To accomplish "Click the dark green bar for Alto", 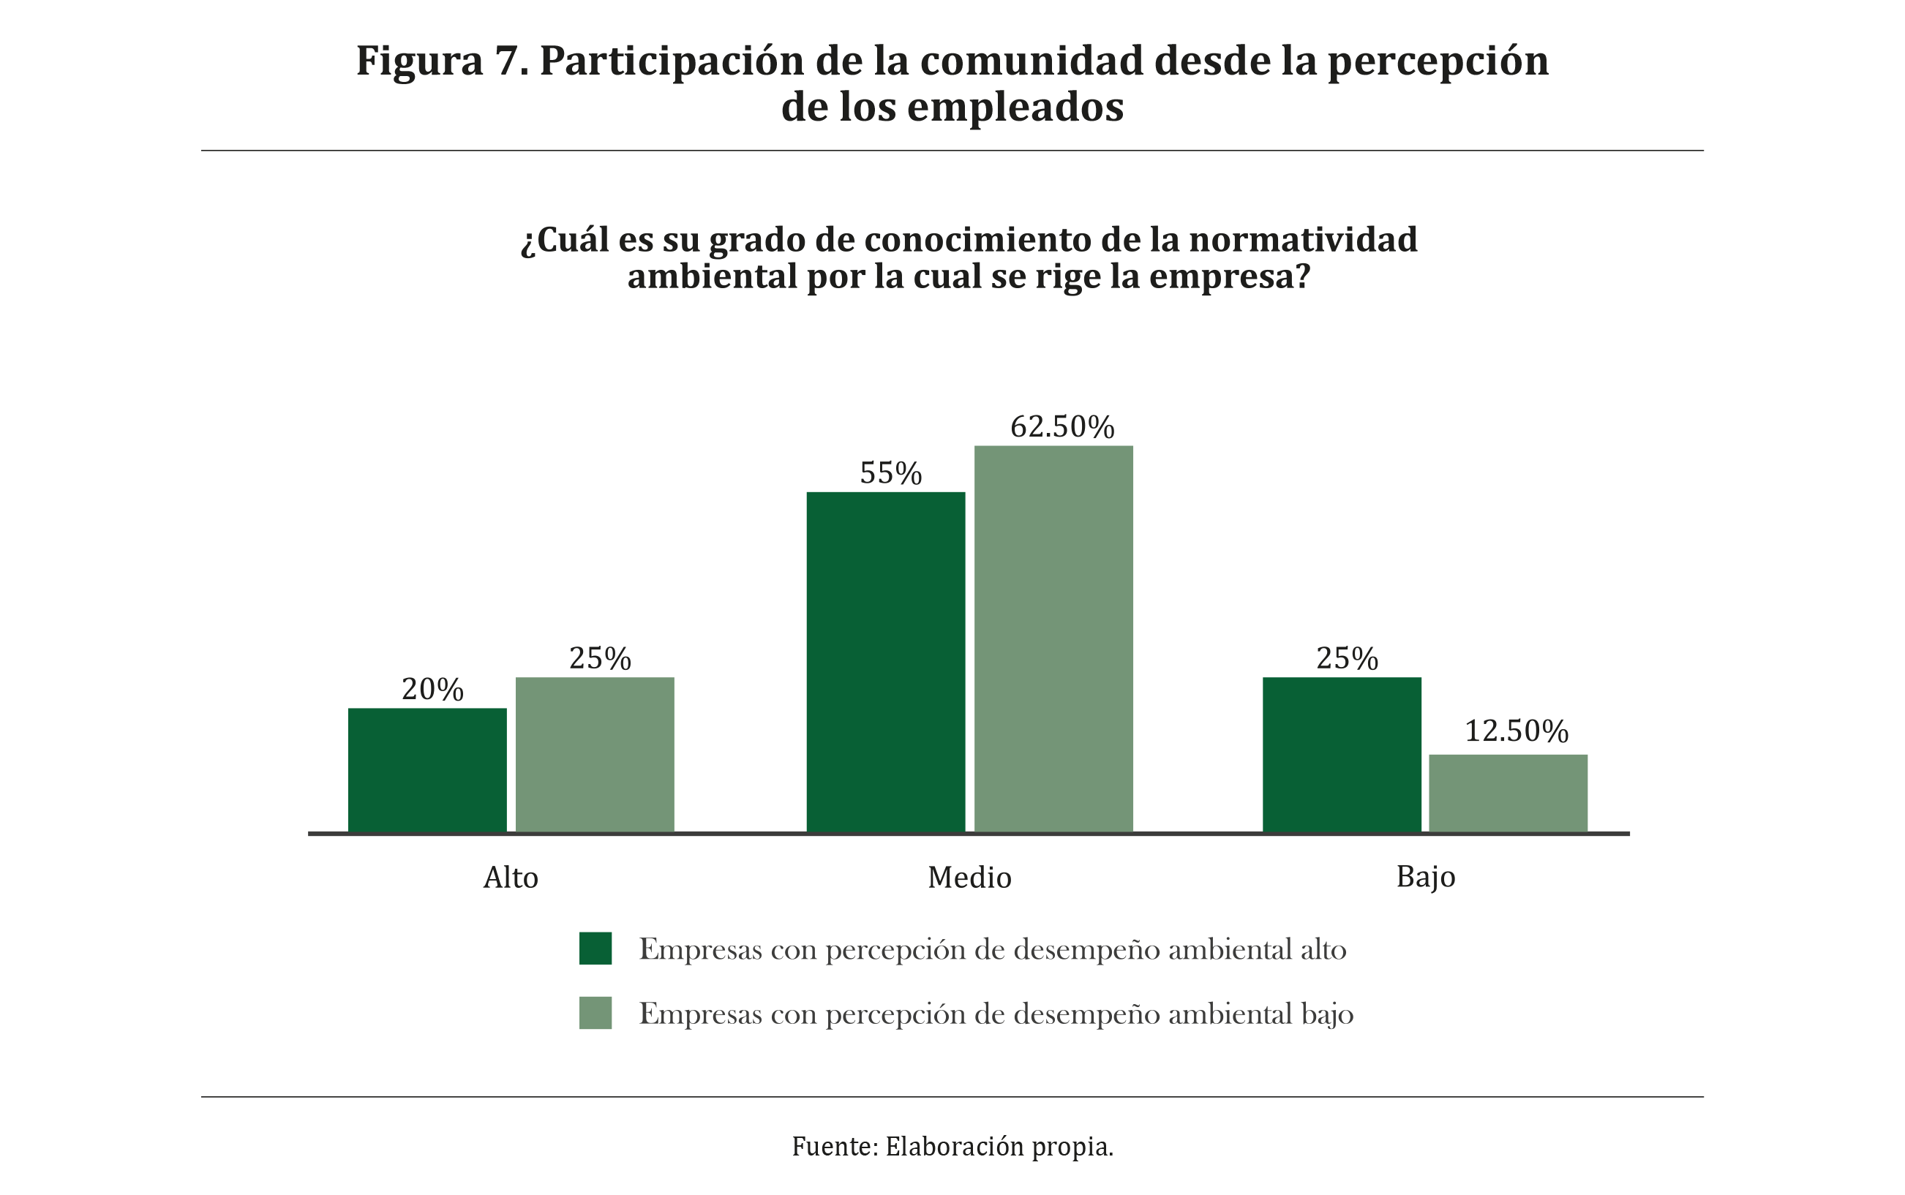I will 427,770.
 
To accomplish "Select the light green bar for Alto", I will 595,754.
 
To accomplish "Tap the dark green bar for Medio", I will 885,662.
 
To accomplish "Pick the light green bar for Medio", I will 1053,638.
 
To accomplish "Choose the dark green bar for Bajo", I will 1342,754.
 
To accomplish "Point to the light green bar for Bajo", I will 1508,793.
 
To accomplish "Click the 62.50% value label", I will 1062,428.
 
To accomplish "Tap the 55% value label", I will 891,474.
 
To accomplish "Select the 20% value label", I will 432,690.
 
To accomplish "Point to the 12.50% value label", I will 1516,732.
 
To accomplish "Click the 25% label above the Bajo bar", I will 1347,659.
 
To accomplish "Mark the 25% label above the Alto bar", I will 600,659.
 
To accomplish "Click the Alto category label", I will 511,878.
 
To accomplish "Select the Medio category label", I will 969,878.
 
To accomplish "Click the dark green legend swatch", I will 595,949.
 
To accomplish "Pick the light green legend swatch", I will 595,1013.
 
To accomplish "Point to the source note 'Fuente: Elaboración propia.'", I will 952,1146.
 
